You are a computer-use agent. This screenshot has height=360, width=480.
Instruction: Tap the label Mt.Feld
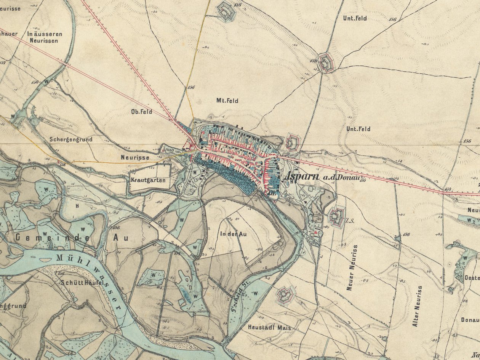pos(227,101)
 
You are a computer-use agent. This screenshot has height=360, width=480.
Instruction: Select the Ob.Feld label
pos(141,112)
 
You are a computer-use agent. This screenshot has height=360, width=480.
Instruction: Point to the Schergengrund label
pos(71,139)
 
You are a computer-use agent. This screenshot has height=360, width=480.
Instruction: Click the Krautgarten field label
pos(148,180)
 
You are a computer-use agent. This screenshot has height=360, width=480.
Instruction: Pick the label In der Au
pos(233,234)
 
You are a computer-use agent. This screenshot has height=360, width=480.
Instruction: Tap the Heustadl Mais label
pos(269,328)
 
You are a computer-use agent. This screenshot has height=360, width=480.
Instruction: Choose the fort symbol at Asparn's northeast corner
pos(293,142)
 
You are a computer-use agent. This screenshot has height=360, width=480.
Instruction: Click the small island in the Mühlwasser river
pos(45,260)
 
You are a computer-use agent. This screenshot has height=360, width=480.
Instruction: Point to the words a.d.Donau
pos(338,178)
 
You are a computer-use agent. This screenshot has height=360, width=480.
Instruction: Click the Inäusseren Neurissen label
pos(45,37)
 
